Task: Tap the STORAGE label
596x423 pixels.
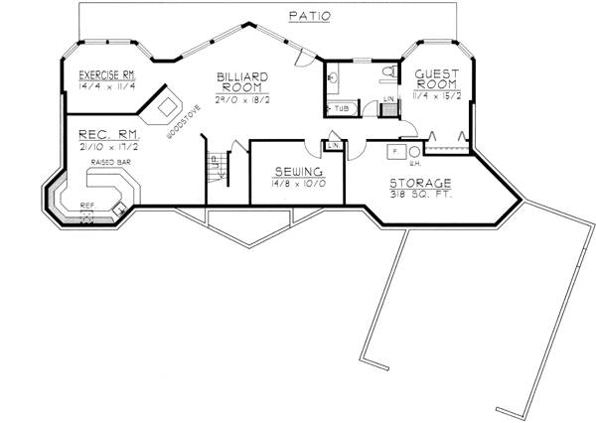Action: coord(421,183)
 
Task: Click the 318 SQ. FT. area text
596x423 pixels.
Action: coord(421,195)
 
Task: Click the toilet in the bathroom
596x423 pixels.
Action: coord(390,71)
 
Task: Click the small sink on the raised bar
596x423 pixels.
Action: coord(118,209)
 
